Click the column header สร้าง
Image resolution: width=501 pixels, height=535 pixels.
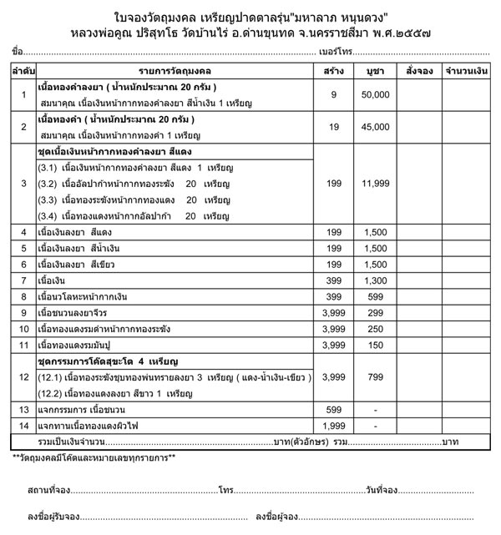click(x=333, y=73)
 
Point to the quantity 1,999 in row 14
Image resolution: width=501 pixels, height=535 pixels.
click(x=333, y=425)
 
